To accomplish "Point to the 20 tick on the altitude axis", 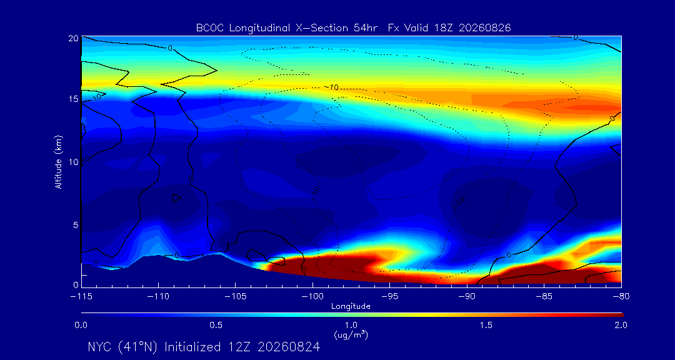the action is [x=72, y=38].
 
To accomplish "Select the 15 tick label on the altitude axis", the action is [x=72, y=99].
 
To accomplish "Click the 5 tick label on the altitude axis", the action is [x=75, y=225].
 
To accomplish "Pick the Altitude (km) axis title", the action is [x=58, y=162].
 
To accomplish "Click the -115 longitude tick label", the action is [x=81, y=297].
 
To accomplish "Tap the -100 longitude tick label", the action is [x=312, y=297].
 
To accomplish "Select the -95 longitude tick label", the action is [x=389, y=297].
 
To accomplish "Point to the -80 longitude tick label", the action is [x=621, y=297].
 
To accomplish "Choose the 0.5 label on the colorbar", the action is [x=216, y=325].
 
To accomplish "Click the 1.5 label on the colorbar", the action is [x=486, y=325].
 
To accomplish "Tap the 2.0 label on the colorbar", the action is [x=621, y=325].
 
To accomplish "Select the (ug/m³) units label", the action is [x=351, y=334].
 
